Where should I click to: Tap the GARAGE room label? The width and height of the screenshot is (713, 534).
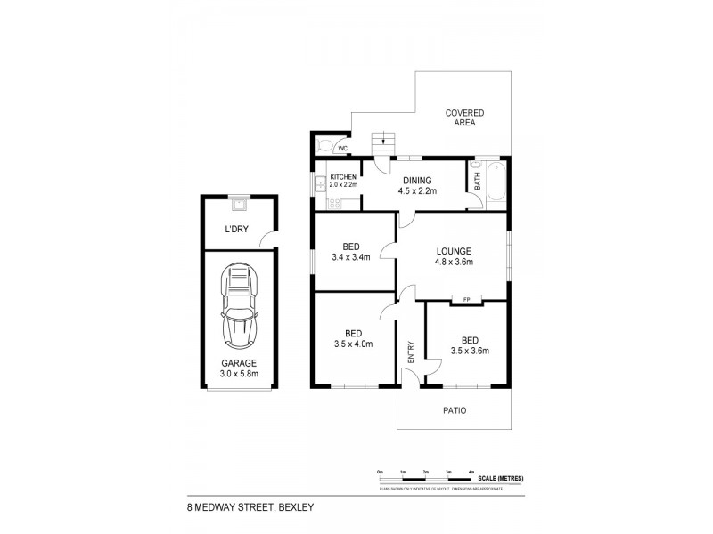tap(239, 362)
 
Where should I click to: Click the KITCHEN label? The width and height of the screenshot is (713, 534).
tap(343, 177)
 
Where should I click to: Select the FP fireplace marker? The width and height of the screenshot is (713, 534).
tap(466, 299)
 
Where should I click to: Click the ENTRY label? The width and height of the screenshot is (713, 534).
tap(412, 352)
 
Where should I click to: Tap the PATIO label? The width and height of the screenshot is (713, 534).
tap(454, 410)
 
